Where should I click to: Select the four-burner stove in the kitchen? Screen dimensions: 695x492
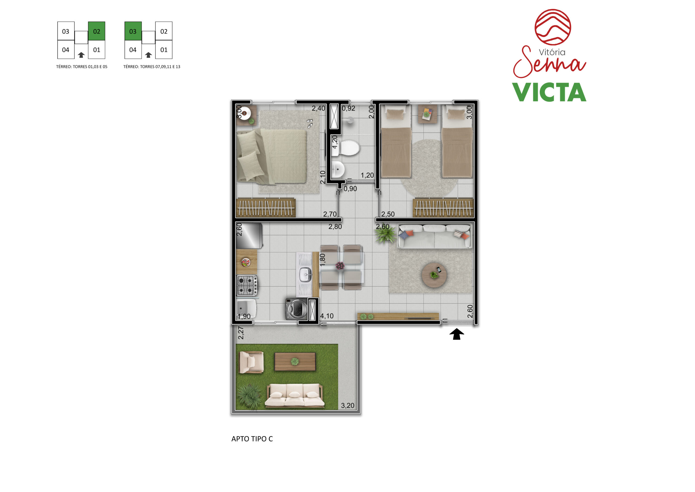(x=247, y=285)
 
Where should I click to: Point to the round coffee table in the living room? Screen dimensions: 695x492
(x=434, y=275)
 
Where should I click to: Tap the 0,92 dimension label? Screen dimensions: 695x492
(x=348, y=108)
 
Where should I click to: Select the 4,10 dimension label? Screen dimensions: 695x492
(x=327, y=316)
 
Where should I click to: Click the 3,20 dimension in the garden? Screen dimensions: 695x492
(x=347, y=405)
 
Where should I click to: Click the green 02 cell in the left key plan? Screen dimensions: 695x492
(x=97, y=31)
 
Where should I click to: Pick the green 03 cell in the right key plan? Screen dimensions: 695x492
(x=133, y=31)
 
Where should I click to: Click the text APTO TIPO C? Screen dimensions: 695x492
(x=252, y=439)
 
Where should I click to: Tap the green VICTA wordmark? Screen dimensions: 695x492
(x=549, y=92)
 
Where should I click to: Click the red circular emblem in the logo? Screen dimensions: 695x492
(x=553, y=27)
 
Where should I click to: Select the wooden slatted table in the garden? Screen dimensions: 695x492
(x=295, y=361)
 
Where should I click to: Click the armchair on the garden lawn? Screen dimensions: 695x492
(x=251, y=362)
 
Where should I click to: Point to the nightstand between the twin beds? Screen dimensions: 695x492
(x=428, y=114)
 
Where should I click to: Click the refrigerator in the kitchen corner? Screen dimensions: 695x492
(x=249, y=236)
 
